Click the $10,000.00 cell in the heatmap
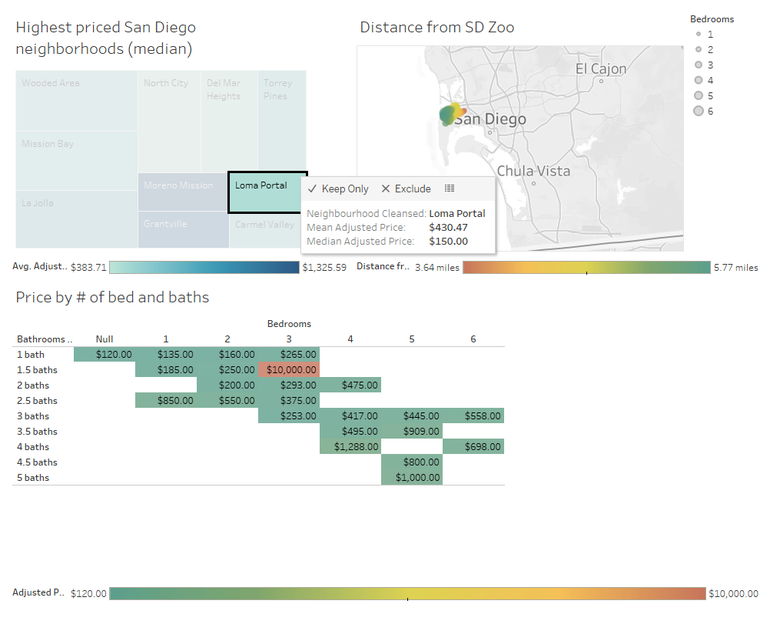click(x=289, y=370)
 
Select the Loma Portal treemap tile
click(x=267, y=192)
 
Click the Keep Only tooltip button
click(x=338, y=189)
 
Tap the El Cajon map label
click(x=601, y=69)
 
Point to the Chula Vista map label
click(x=533, y=171)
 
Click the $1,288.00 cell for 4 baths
click(x=350, y=447)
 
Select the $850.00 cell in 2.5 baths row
click(x=166, y=401)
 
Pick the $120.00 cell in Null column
click(x=105, y=355)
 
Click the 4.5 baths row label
click(x=37, y=462)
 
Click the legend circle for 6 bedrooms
click(x=699, y=111)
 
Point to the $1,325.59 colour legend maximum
click(x=324, y=268)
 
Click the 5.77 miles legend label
click(x=735, y=268)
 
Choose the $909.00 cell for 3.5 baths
click(x=412, y=432)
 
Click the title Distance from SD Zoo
click(x=436, y=28)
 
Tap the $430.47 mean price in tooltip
click(x=448, y=228)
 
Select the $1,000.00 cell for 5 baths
click(x=412, y=478)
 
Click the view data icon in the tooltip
click(x=450, y=189)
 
